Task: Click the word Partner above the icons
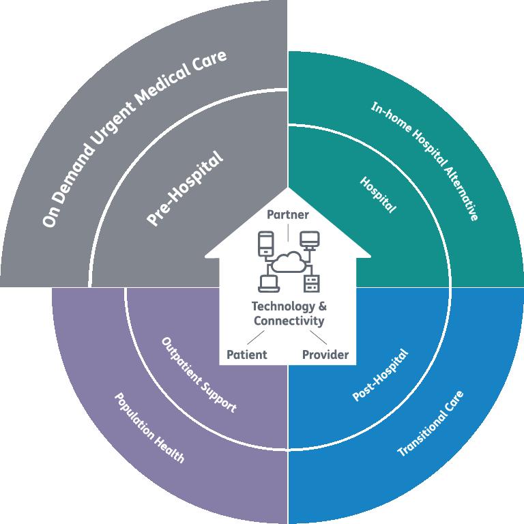(x=288, y=215)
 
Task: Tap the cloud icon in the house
(x=289, y=261)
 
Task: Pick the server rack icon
(x=311, y=281)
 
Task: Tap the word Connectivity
(x=289, y=320)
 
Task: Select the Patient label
(x=246, y=354)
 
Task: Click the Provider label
(x=325, y=354)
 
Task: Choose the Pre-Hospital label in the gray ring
(x=185, y=190)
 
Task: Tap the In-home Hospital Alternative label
(x=424, y=161)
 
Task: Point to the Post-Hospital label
(x=380, y=375)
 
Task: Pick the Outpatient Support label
(x=199, y=374)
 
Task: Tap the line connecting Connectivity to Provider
(x=319, y=338)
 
